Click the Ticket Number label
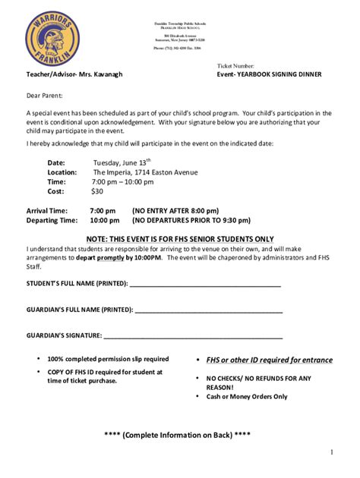tap(242, 67)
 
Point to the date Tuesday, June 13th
tap(122, 162)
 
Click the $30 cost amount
tap(97, 193)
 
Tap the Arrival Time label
tap(48, 210)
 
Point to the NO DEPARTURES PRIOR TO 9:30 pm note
tap(191, 221)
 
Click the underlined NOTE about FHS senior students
tap(180, 238)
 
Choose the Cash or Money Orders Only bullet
tap(247, 396)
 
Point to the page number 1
tap(332, 453)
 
